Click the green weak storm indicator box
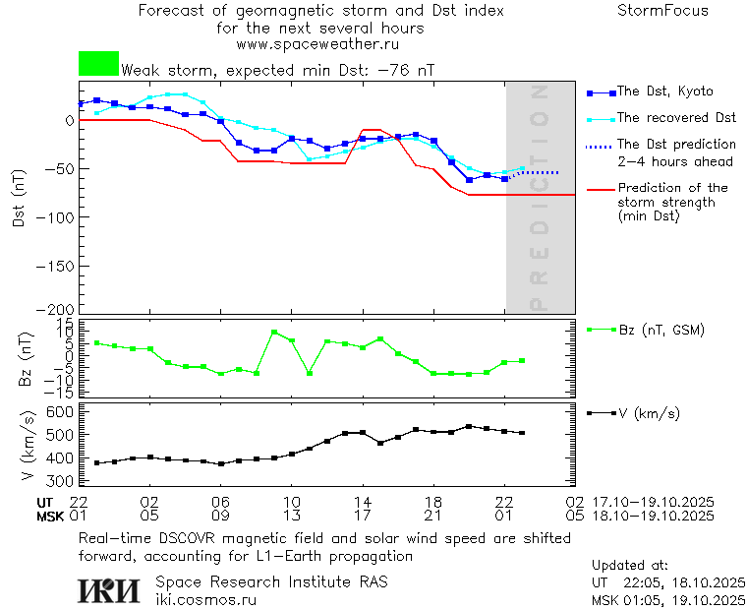pyautogui.click(x=98, y=64)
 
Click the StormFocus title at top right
pyautogui.click(x=662, y=11)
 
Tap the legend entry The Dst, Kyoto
pyautogui.click(x=664, y=91)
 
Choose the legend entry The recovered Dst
pyautogui.click(x=676, y=117)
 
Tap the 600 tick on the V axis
pyautogui.click(x=61, y=411)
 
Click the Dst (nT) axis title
pyautogui.click(x=19, y=205)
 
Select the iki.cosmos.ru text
pyautogui.click(x=206, y=599)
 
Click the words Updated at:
pyautogui.click(x=630, y=566)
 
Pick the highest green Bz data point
pyautogui.click(x=274, y=333)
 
